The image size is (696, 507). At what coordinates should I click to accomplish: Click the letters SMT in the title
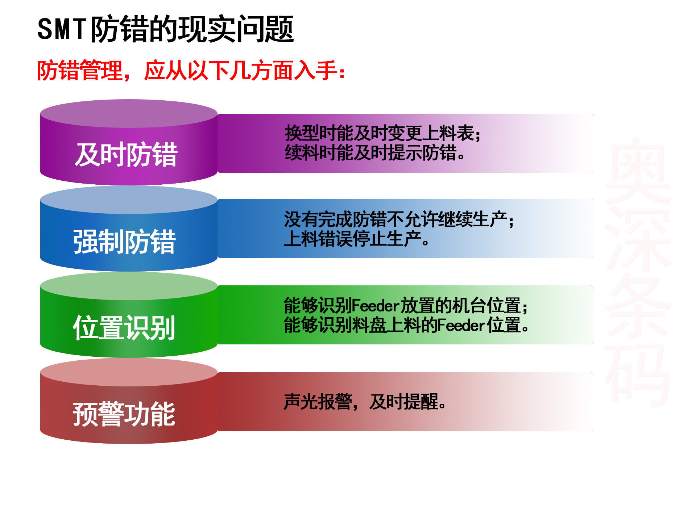62,29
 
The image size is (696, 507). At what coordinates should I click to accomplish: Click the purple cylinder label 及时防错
126,155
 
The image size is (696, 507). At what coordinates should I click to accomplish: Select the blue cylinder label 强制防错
125,242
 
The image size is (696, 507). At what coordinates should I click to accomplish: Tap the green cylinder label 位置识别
124,328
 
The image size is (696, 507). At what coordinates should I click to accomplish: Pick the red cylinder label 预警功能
124,414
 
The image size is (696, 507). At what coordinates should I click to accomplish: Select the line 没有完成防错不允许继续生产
399,219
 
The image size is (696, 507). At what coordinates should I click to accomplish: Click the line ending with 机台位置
406,305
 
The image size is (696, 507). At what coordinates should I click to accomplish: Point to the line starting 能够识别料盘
406,325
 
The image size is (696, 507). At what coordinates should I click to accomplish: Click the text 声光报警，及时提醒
365,402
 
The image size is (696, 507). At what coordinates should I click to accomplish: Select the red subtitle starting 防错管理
191,70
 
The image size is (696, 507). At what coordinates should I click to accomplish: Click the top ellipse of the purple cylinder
129,113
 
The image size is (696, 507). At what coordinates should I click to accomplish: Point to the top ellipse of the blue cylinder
129,200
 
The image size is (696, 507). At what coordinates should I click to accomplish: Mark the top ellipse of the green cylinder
129,286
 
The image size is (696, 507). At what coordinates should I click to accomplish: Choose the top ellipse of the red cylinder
129,372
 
